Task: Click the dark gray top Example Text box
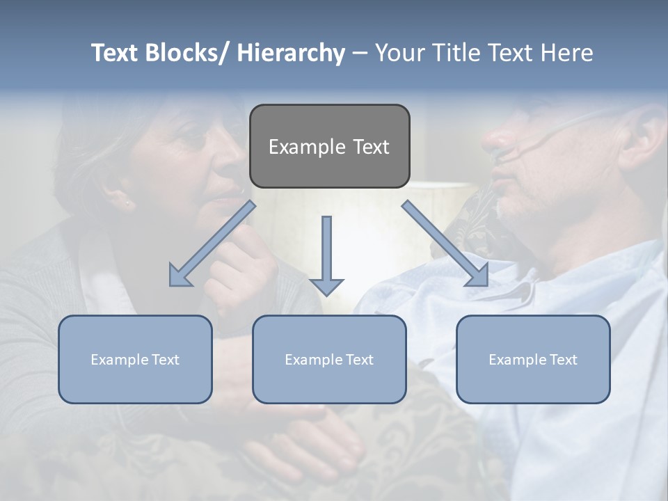click(x=329, y=146)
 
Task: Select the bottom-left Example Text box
click(x=135, y=359)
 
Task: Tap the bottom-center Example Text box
click(x=329, y=359)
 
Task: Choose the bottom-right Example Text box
click(x=533, y=359)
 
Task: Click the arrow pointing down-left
click(x=212, y=244)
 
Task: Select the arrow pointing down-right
click(x=445, y=244)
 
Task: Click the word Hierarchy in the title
click(x=291, y=53)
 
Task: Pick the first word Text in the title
click(x=116, y=53)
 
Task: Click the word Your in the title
click(x=399, y=53)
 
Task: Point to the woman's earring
click(x=127, y=203)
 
